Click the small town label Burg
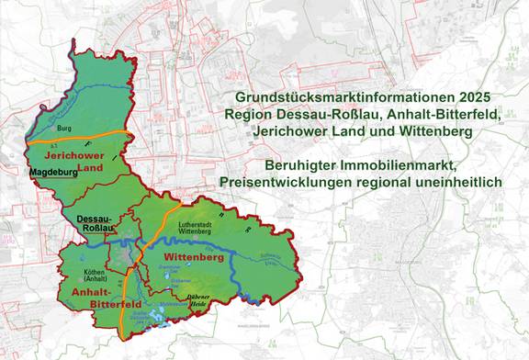(x=63, y=130)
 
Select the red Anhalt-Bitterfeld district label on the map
(x=93, y=297)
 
